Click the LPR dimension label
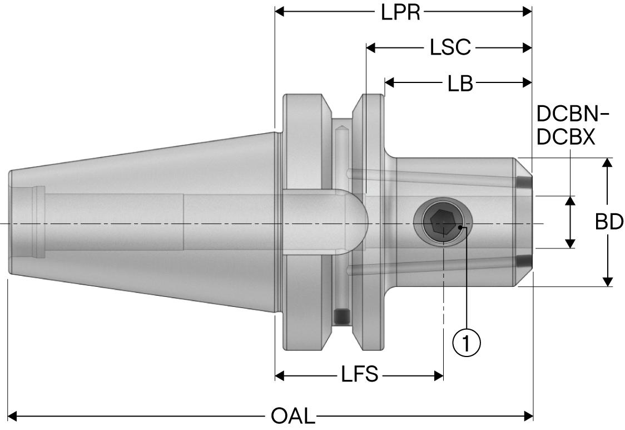400,12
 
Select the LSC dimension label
450,48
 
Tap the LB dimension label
460,84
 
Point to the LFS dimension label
360,375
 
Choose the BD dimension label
609,222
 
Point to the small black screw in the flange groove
341,317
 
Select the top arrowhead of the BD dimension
608,163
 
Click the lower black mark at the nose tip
522,261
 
